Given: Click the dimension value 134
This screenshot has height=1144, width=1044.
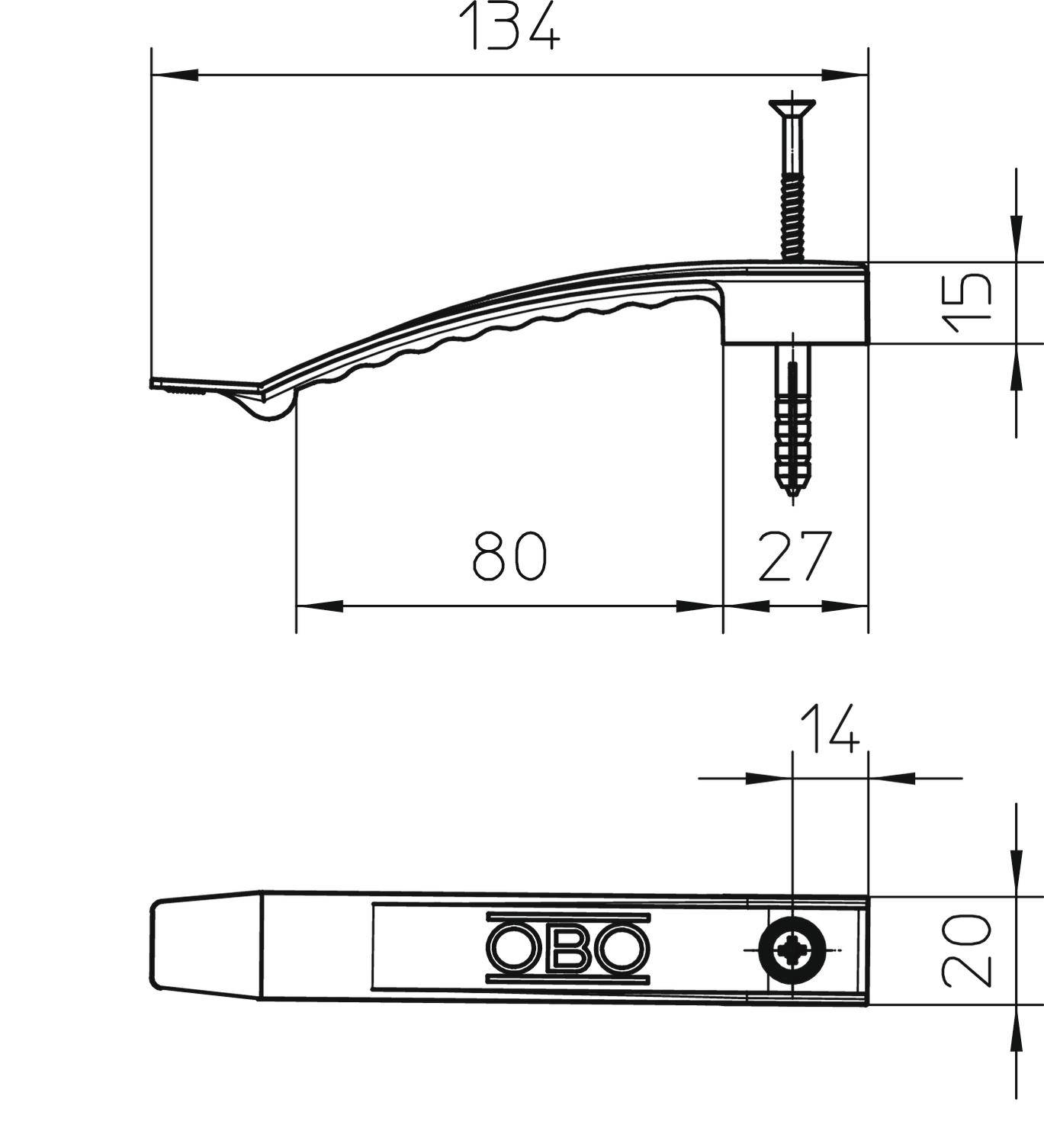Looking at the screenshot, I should click(509, 29).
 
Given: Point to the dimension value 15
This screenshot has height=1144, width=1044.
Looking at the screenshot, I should click(967, 303).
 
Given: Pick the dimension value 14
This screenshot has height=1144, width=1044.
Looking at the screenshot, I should click(829, 729).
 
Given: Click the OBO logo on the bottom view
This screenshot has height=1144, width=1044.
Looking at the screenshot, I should click(568, 947).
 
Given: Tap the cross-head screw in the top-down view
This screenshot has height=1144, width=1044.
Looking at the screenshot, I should click(793, 950).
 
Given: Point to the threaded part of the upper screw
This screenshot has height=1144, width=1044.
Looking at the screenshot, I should click(792, 217).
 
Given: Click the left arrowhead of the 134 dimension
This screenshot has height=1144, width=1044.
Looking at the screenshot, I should click(175, 75).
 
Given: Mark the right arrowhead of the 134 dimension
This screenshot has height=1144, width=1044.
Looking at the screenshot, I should click(845, 75).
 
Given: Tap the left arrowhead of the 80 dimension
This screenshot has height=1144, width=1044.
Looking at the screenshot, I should click(319, 606).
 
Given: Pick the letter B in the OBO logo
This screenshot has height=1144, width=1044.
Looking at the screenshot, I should click(568, 948).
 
